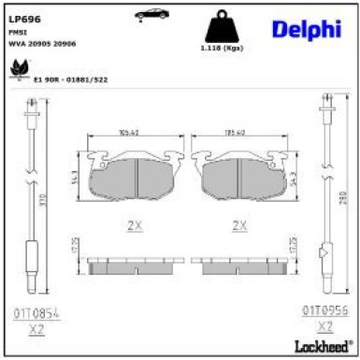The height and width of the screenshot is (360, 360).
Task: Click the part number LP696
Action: [24, 17]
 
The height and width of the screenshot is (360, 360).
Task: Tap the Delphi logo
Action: [306, 30]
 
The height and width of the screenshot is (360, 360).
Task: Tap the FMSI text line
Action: [18, 32]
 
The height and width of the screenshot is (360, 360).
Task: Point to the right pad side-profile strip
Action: [238, 266]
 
